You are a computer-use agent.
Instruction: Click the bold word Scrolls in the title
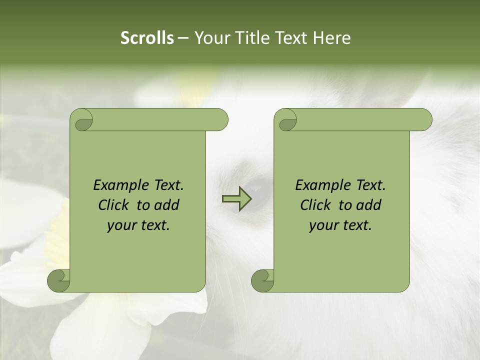(147, 38)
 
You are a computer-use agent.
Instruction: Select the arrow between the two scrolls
(236, 198)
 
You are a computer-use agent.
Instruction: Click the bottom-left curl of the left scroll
(59, 280)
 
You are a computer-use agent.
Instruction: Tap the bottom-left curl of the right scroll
(263, 280)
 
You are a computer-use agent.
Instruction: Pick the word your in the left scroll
(120, 225)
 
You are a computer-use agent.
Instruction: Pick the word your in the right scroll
(322, 225)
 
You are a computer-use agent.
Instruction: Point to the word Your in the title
(210, 38)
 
